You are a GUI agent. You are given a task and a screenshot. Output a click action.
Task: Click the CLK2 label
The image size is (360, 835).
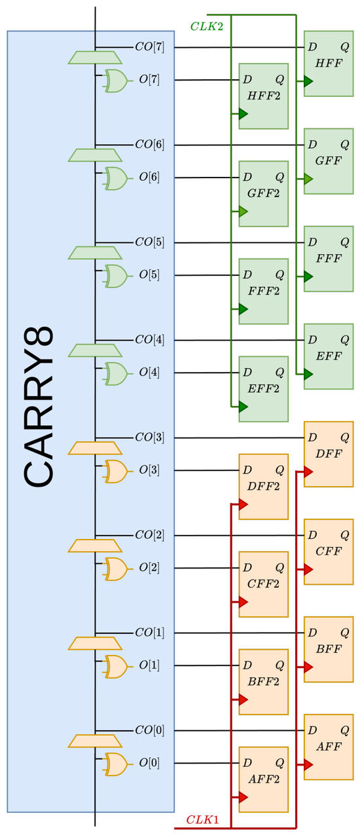click(204, 27)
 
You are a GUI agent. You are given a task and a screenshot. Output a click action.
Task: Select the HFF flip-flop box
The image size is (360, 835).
click(329, 64)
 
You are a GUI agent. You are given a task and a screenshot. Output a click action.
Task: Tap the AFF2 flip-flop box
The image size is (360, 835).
click(263, 779)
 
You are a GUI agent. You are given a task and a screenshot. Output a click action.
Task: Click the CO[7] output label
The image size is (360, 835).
click(149, 47)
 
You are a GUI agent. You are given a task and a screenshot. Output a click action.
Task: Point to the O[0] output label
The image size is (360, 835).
click(149, 763)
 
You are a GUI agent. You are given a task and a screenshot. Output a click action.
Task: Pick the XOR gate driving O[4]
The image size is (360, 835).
click(116, 373)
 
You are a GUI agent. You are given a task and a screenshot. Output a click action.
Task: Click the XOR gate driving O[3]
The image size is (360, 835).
click(116, 471)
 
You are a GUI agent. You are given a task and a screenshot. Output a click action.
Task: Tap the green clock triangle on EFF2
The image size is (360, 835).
click(243, 407)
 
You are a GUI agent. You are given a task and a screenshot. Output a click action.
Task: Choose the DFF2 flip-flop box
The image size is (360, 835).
click(263, 487)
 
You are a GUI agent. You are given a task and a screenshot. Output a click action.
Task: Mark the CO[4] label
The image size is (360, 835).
click(149, 340)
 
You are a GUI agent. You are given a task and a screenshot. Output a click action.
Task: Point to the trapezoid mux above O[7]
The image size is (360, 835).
click(95, 58)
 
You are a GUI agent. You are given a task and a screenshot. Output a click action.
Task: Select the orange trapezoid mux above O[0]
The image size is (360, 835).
click(95, 741)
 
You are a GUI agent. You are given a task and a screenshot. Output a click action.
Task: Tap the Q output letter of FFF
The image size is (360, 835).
click(344, 242)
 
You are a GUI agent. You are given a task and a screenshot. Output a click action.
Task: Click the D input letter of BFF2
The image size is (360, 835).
click(247, 665)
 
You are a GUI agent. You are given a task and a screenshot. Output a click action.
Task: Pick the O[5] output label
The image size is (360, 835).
click(149, 275)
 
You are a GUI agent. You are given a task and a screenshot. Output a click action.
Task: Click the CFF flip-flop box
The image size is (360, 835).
click(329, 551)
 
